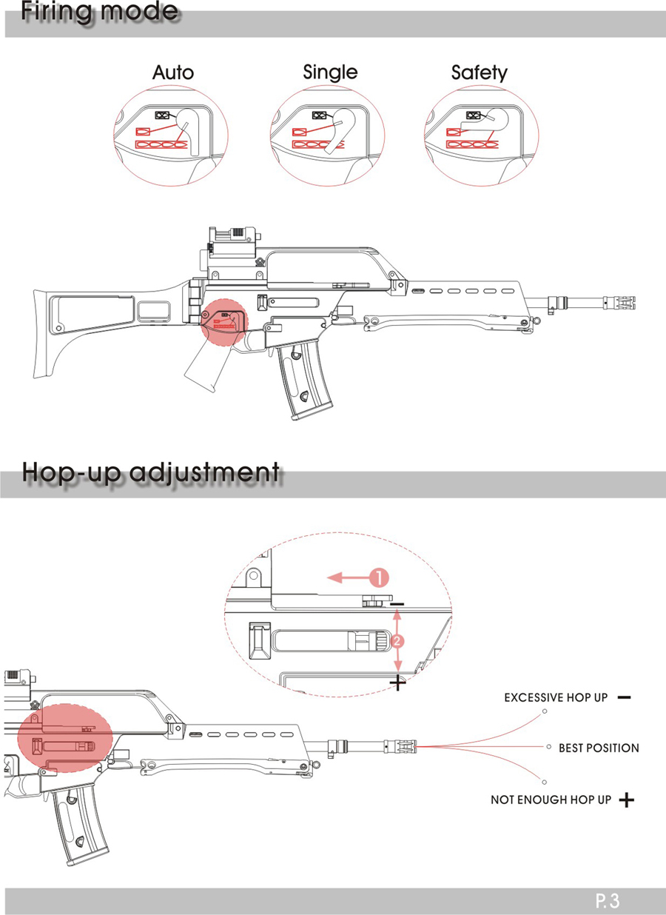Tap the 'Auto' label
(173, 73)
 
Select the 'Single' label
(330, 73)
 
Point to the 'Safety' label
(480, 73)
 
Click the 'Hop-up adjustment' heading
(151, 473)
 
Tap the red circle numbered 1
(379, 578)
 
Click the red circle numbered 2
(397, 641)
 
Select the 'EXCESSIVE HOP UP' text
(556, 697)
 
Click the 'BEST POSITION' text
(599, 748)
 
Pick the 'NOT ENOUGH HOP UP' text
(551, 800)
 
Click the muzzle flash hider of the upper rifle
(619, 303)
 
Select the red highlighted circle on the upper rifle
(223, 323)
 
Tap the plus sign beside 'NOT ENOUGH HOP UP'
(626, 800)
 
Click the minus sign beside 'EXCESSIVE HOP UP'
(625, 697)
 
